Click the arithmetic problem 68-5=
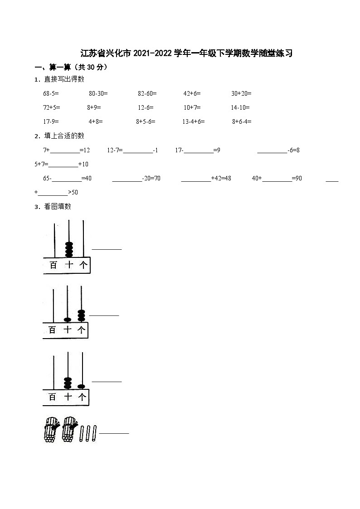click(x=51, y=93)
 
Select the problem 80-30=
click(x=98, y=93)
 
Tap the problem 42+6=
click(x=192, y=93)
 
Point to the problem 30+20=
click(x=241, y=93)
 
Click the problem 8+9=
click(x=94, y=107)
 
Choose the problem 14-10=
click(x=240, y=107)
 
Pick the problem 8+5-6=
click(x=146, y=121)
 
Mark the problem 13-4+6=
click(x=194, y=121)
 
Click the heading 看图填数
click(x=58, y=207)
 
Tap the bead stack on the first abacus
click(x=69, y=249)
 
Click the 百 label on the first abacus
click(x=54, y=265)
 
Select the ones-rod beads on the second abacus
click(x=81, y=315)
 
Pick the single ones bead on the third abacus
click(x=82, y=386)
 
